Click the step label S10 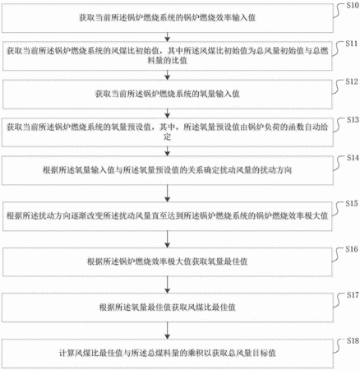click(x=353, y=5)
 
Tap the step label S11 click(x=351, y=44)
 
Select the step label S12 click(x=352, y=81)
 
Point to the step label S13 click(x=353, y=120)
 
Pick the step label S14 click(x=353, y=158)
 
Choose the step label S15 click(x=352, y=203)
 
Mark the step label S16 click(x=352, y=249)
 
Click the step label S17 click(x=353, y=295)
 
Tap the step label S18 click(x=353, y=340)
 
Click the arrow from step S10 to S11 click(x=167, y=37)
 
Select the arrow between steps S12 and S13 click(x=167, y=113)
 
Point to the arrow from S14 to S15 click(x=167, y=193)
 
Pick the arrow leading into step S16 click(x=167, y=239)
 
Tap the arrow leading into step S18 click(x=167, y=331)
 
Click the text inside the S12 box click(x=168, y=94)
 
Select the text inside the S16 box click(x=168, y=261)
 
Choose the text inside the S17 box click(x=168, y=308)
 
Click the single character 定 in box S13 click(x=167, y=136)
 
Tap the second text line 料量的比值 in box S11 click(x=167, y=60)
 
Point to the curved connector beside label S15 click(x=339, y=210)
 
